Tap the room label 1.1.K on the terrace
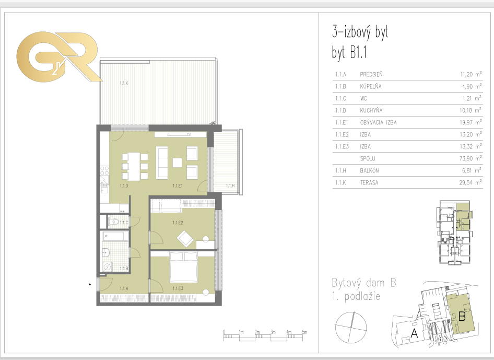coord(124,83)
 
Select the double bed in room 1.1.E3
coord(184,266)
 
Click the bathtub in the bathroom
coord(115,236)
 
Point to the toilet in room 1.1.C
coord(114,222)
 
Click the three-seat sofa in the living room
coord(162,162)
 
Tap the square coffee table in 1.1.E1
coord(178,162)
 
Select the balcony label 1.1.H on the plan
coord(230,185)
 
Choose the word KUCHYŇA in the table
coord(371,110)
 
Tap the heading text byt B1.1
coord(349,52)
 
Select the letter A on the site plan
coord(414,333)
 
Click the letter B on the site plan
coord(462,316)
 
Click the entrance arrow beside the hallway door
coord(90,284)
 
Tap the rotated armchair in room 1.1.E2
coord(185,239)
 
